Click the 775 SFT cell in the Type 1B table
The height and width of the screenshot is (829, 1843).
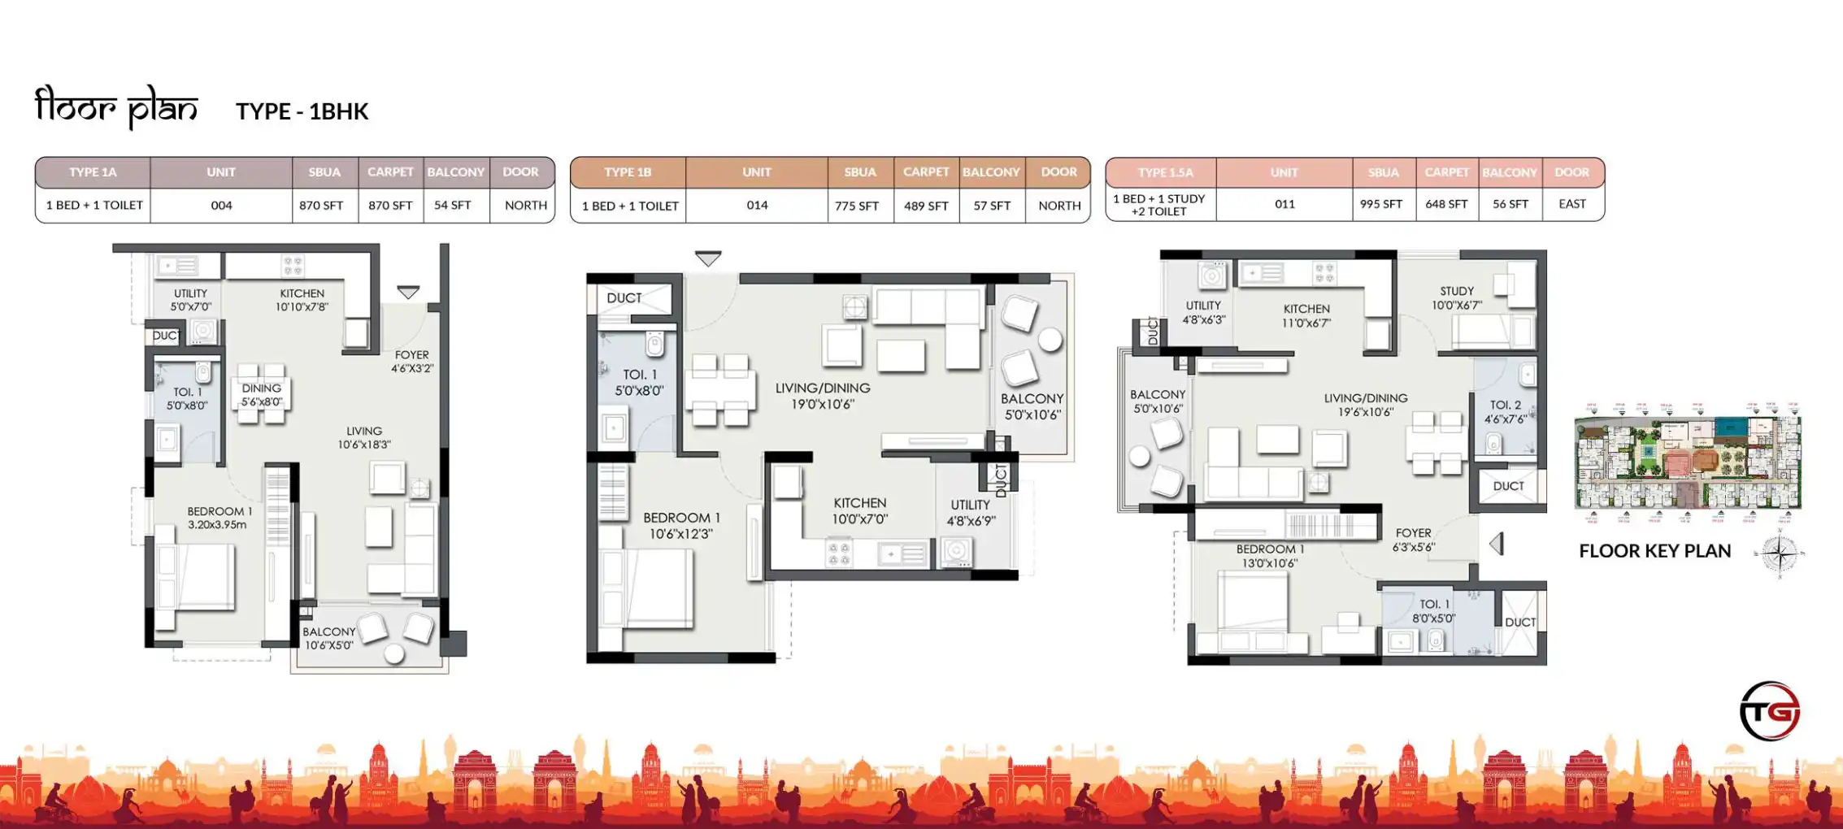[x=857, y=206]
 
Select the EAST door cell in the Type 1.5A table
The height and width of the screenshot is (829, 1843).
[x=1571, y=204]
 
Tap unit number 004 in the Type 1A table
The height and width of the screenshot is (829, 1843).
[x=221, y=206]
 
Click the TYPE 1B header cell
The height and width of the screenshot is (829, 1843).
[x=628, y=172]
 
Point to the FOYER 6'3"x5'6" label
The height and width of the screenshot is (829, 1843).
[x=1413, y=540]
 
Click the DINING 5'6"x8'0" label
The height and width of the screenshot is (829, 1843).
[x=261, y=395]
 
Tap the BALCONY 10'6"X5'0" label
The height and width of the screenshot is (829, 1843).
[x=328, y=638]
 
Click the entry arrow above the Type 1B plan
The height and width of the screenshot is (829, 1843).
[x=708, y=258]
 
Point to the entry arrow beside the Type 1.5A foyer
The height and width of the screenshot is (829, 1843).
[x=1497, y=544]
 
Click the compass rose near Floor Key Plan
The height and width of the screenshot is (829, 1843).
[x=1780, y=554]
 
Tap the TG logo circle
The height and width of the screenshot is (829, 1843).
[x=1770, y=711]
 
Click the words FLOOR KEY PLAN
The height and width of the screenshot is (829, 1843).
[x=1654, y=551]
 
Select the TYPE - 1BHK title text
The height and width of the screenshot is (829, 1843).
[x=302, y=111]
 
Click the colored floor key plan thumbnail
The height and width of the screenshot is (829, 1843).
[x=1688, y=462]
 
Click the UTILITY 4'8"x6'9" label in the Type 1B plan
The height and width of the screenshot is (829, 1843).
[x=970, y=513]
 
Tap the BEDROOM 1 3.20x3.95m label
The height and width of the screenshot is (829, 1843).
[x=220, y=518]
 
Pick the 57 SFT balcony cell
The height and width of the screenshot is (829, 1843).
[x=992, y=206]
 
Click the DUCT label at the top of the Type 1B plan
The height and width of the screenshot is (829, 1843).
[x=624, y=298]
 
